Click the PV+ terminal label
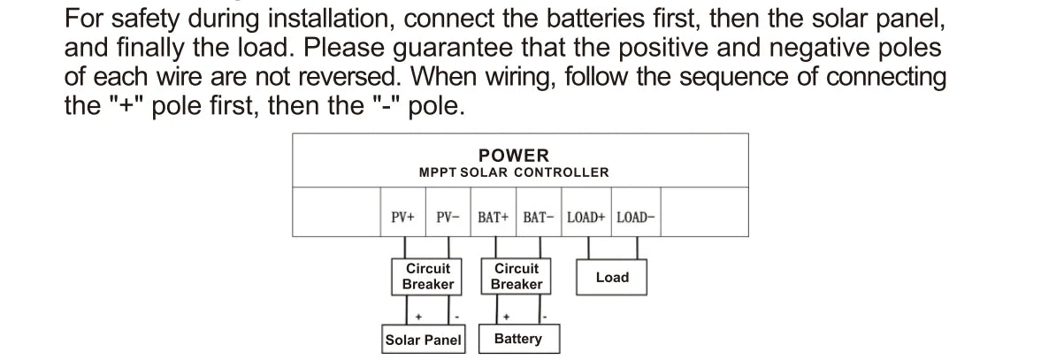point(402,217)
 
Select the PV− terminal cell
point(448,217)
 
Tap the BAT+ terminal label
point(494,217)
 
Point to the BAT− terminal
point(539,217)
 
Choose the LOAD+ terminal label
point(586,217)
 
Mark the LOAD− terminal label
point(636,217)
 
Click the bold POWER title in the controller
point(514,156)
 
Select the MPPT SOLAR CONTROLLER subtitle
point(514,172)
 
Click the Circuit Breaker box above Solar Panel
point(427,276)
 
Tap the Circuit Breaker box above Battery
point(516,276)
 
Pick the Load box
point(611,278)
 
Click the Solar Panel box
point(424,340)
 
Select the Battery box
point(518,340)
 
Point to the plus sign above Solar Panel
point(417,317)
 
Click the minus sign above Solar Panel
point(456,317)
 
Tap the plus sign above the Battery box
point(507,317)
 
